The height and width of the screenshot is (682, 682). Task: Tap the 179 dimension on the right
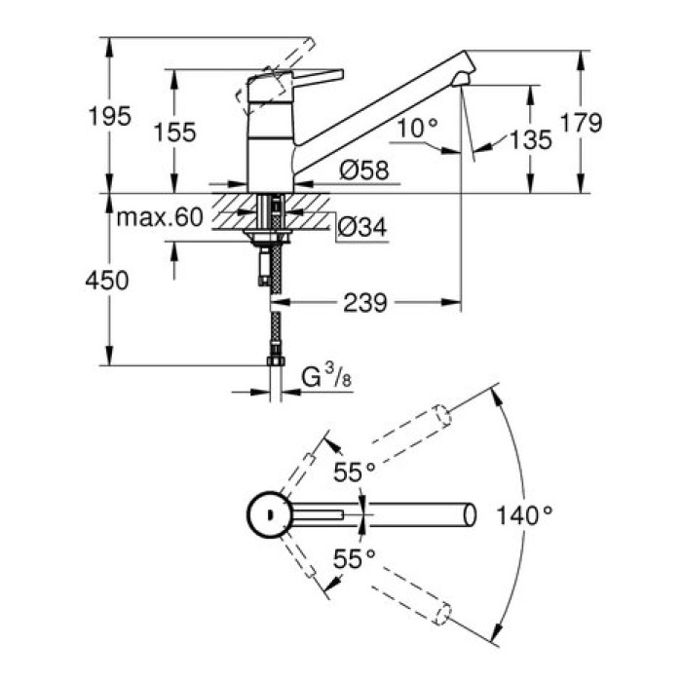coord(583,122)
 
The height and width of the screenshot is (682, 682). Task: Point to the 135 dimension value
coord(530,139)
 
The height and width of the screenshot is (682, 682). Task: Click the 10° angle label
coord(419,126)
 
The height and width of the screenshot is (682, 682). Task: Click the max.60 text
coord(160,217)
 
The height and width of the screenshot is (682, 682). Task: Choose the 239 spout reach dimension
coord(364,303)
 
